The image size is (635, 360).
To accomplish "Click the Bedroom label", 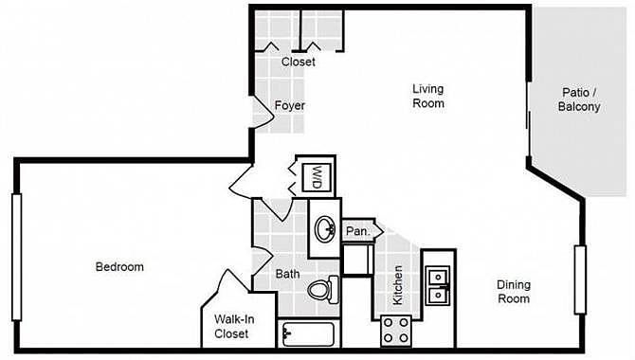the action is (119, 267).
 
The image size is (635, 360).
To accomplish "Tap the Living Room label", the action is (428, 96).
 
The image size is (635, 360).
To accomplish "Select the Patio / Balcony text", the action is (579, 99).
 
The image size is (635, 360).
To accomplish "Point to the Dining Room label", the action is (514, 292).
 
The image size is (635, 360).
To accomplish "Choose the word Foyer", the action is (290, 105).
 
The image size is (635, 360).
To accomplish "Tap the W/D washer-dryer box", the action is (317, 177).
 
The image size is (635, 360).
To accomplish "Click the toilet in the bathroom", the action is (323, 290).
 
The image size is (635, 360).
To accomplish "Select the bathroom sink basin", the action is (325, 229).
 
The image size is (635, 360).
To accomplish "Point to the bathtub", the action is (309, 334).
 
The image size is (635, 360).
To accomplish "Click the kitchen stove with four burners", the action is (396, 331).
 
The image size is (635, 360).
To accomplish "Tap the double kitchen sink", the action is (437, 286).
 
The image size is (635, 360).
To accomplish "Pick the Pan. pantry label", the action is (358, 231).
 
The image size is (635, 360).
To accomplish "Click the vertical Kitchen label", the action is (398, 285).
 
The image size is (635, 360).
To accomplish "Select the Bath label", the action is (287, 274).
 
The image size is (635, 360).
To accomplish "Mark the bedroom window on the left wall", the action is (17, 257).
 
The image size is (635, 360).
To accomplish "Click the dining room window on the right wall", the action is (580, 279).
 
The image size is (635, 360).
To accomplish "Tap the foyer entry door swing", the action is (263, 114).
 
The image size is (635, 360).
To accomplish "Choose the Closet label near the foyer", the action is (298, 62).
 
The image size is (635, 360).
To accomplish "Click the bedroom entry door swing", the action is (242, 179).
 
